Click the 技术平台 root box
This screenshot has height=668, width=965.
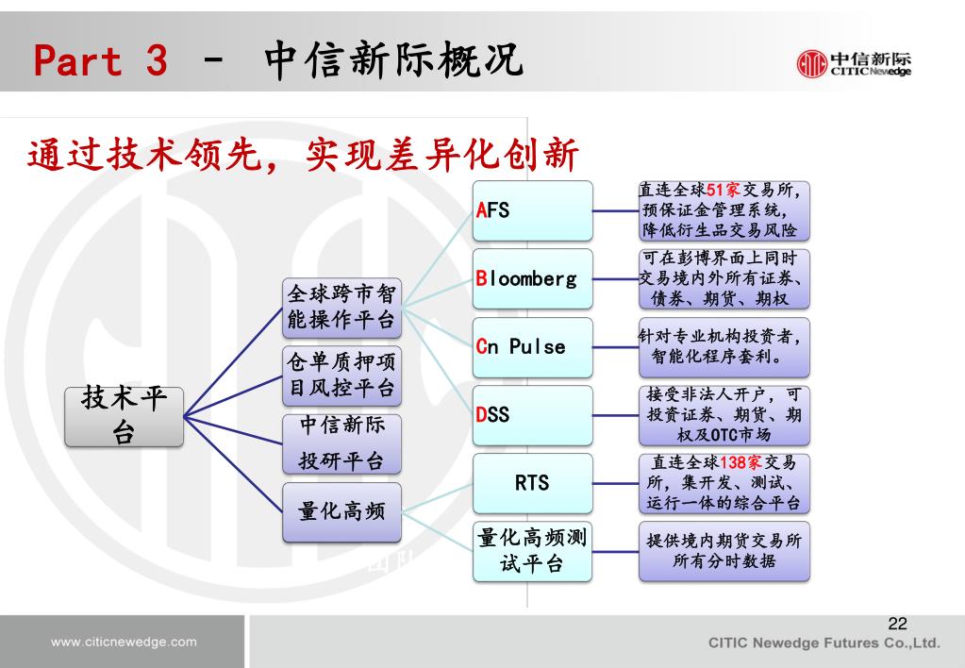[x=125, y=415]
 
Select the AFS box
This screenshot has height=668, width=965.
[x=533, y=210]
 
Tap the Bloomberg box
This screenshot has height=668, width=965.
[x=533, y=278]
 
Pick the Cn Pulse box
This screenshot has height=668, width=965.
[x=533, y=346]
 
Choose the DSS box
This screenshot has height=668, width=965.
[x=533, y=414]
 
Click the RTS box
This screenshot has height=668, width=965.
[x=533, y=483]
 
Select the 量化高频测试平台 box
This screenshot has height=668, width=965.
[x=533, y=551]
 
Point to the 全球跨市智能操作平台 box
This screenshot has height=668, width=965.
[x=341, y=308]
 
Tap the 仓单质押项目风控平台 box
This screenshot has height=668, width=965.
[x=341, y=375]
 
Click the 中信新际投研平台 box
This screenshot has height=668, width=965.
[x=341, y=443]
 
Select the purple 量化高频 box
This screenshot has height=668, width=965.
[x=341, y=512]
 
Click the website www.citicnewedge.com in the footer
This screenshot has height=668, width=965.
[x=124, y=643]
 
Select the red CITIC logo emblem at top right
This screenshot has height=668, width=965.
[x=811, y=63]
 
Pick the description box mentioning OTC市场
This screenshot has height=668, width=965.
[x=724, y=414]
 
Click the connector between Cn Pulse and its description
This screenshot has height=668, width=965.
[x=615, y=346]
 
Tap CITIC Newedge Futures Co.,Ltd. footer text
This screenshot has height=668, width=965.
[x=824, y=643]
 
